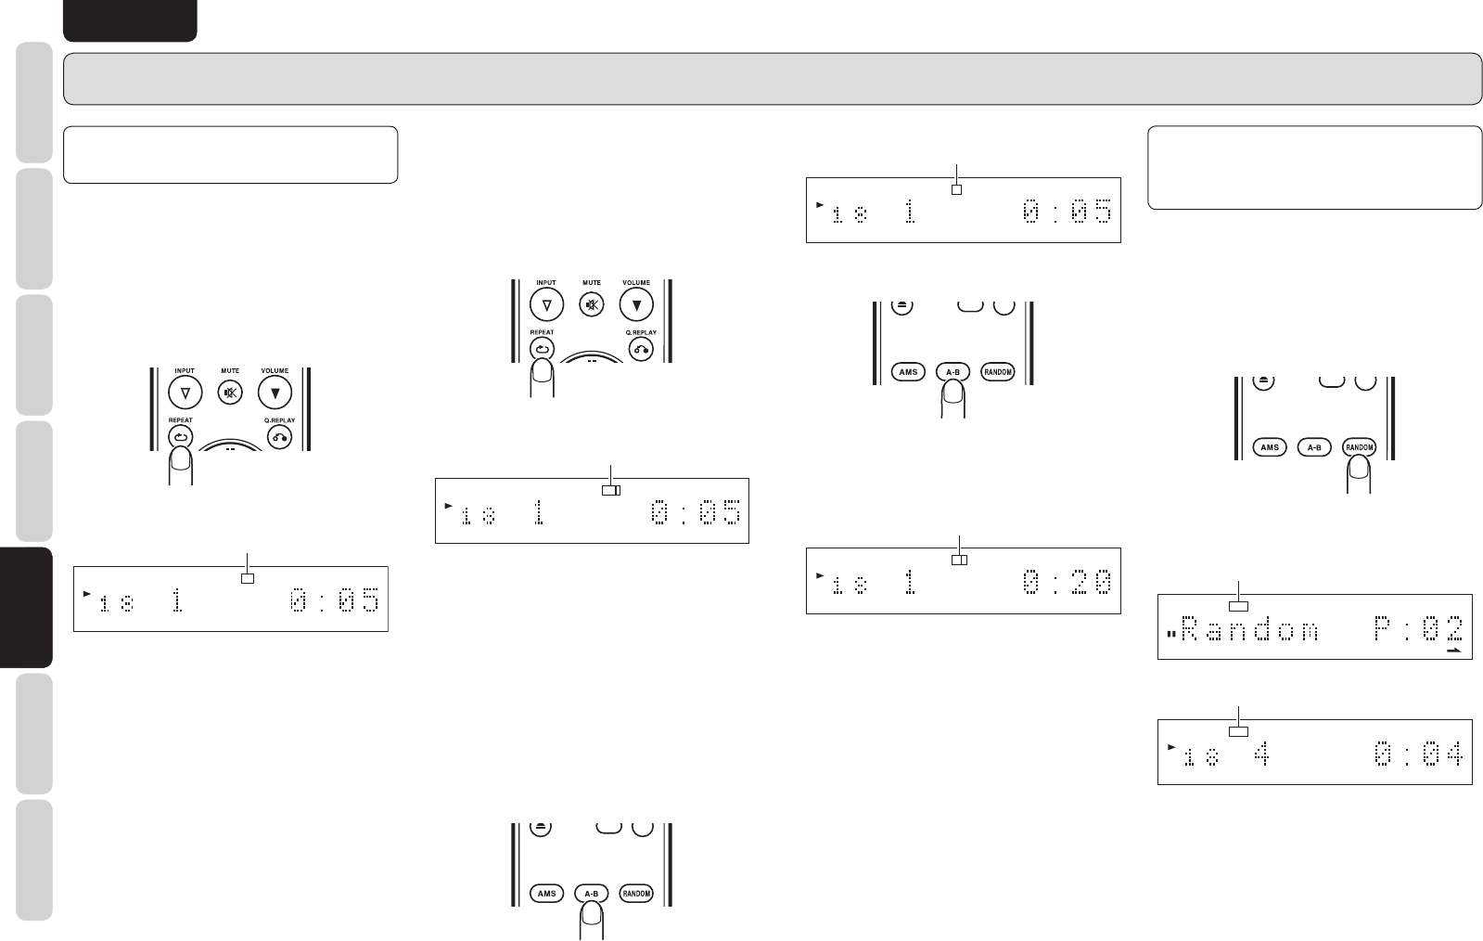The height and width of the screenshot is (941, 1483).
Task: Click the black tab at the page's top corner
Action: (130, 19)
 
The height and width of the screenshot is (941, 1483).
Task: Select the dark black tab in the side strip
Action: (26, 607)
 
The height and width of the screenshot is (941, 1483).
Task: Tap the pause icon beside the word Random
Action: (1171, 635)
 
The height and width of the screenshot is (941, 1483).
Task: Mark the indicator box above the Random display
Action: (1239, 606)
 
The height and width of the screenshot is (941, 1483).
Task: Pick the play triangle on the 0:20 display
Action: (820, 575)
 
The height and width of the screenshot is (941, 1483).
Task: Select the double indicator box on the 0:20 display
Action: (959, 560)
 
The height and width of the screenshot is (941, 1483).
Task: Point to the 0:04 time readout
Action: (1417, 754)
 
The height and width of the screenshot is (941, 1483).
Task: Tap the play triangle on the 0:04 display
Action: (1172, 746)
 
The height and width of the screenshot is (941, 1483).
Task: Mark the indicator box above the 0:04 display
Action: (1239, 731)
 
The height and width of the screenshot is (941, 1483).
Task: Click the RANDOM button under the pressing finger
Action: (1359, 447)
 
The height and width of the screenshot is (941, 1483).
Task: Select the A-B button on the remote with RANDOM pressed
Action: (1313, 447)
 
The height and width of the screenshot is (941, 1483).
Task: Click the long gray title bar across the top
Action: (772, 78)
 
